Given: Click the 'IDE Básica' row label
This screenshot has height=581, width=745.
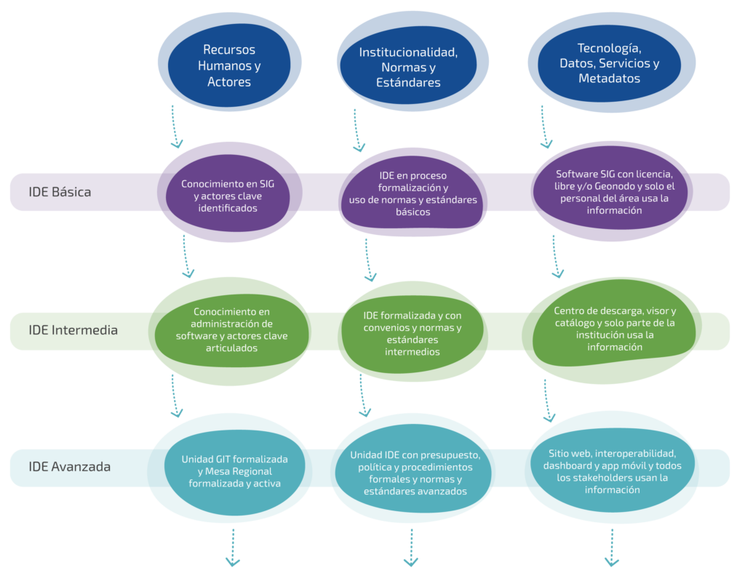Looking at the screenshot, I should [x=60, y=193].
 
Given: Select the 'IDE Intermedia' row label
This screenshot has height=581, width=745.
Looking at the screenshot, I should [x=73, y=330].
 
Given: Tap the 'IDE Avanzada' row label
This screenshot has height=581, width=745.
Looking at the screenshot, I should [x=69, y=467].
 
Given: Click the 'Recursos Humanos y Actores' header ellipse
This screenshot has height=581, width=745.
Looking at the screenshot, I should [x=229, y=65].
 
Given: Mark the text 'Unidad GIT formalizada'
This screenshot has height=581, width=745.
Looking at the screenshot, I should [x=234, y=460].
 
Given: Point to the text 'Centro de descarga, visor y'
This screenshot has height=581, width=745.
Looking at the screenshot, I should [x=614, y=310].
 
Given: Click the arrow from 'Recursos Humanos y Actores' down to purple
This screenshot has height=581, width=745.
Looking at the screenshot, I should [x=175, y=126].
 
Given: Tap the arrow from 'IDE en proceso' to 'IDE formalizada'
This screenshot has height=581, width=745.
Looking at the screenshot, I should [x=367, y=260].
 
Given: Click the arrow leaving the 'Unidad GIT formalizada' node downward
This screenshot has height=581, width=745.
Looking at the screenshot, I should [x=234, y=547].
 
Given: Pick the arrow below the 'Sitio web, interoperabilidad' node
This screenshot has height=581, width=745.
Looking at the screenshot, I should [x=611, y=547].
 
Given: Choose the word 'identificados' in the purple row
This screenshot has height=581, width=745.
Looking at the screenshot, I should [x=228, y=208].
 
